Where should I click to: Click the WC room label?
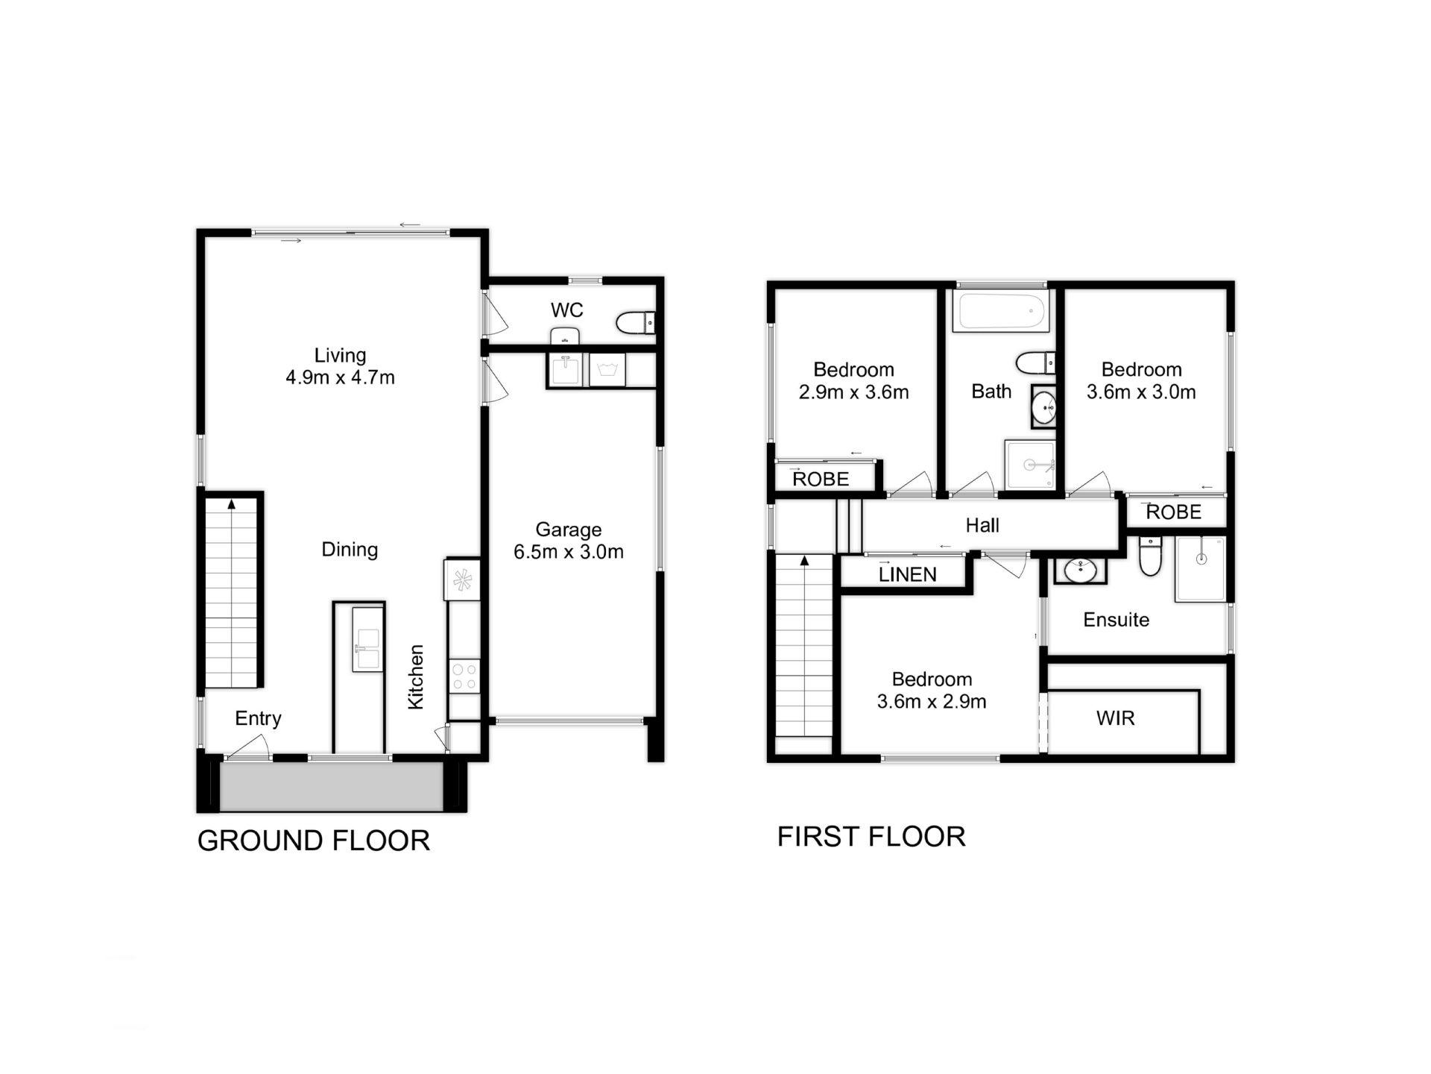(x=566, y=310)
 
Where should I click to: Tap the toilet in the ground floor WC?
(x=634, y=323)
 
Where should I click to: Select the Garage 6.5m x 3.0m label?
(x=568, y=541)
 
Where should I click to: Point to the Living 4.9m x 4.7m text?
(x=340, y=366)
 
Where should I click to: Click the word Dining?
(x=350, y=550)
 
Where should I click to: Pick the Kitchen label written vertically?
(x=416, y=676)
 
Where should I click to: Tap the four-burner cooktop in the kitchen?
(x=464, y=676)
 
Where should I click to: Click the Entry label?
(x=258, y=718)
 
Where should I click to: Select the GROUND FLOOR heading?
(x=313, y=841)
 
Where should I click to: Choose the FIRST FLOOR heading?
(x=871, y=837)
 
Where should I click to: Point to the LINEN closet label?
(x=907, y=574)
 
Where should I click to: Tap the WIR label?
(x=1115, y=718)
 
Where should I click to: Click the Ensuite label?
(x=1116, y=620)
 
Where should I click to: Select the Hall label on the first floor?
(x=982, y=526)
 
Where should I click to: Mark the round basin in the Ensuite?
(x=1079, y=571)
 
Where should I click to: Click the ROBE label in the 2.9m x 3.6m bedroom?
(x=821, y=479)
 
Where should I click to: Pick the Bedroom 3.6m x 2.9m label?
(x=932, y=691)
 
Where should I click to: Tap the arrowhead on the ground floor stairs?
(x=231, y=505)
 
